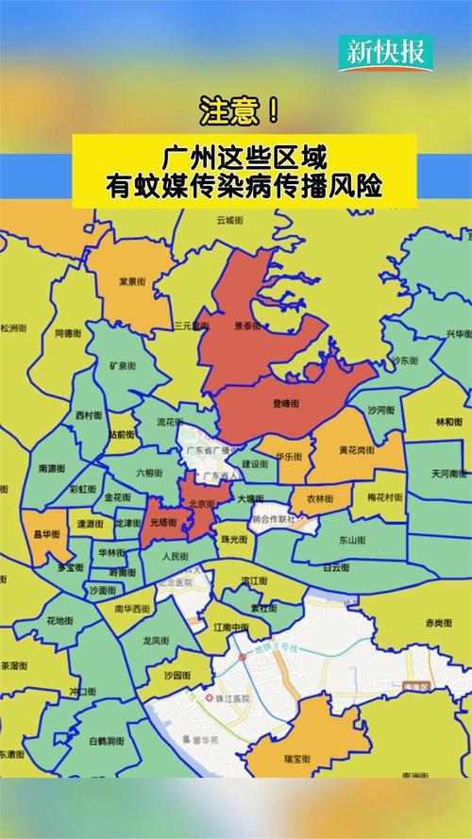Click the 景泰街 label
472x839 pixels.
(248, 326)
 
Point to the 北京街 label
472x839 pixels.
(201, 503)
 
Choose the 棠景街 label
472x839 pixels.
(132, 280)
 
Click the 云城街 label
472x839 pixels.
(230, 220)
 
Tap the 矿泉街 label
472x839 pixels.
(123, 365)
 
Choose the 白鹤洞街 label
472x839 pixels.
(105, 715)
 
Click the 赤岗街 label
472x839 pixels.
(439, 623)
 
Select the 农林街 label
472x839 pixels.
(319, 497)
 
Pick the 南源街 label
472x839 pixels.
(52, 467)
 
